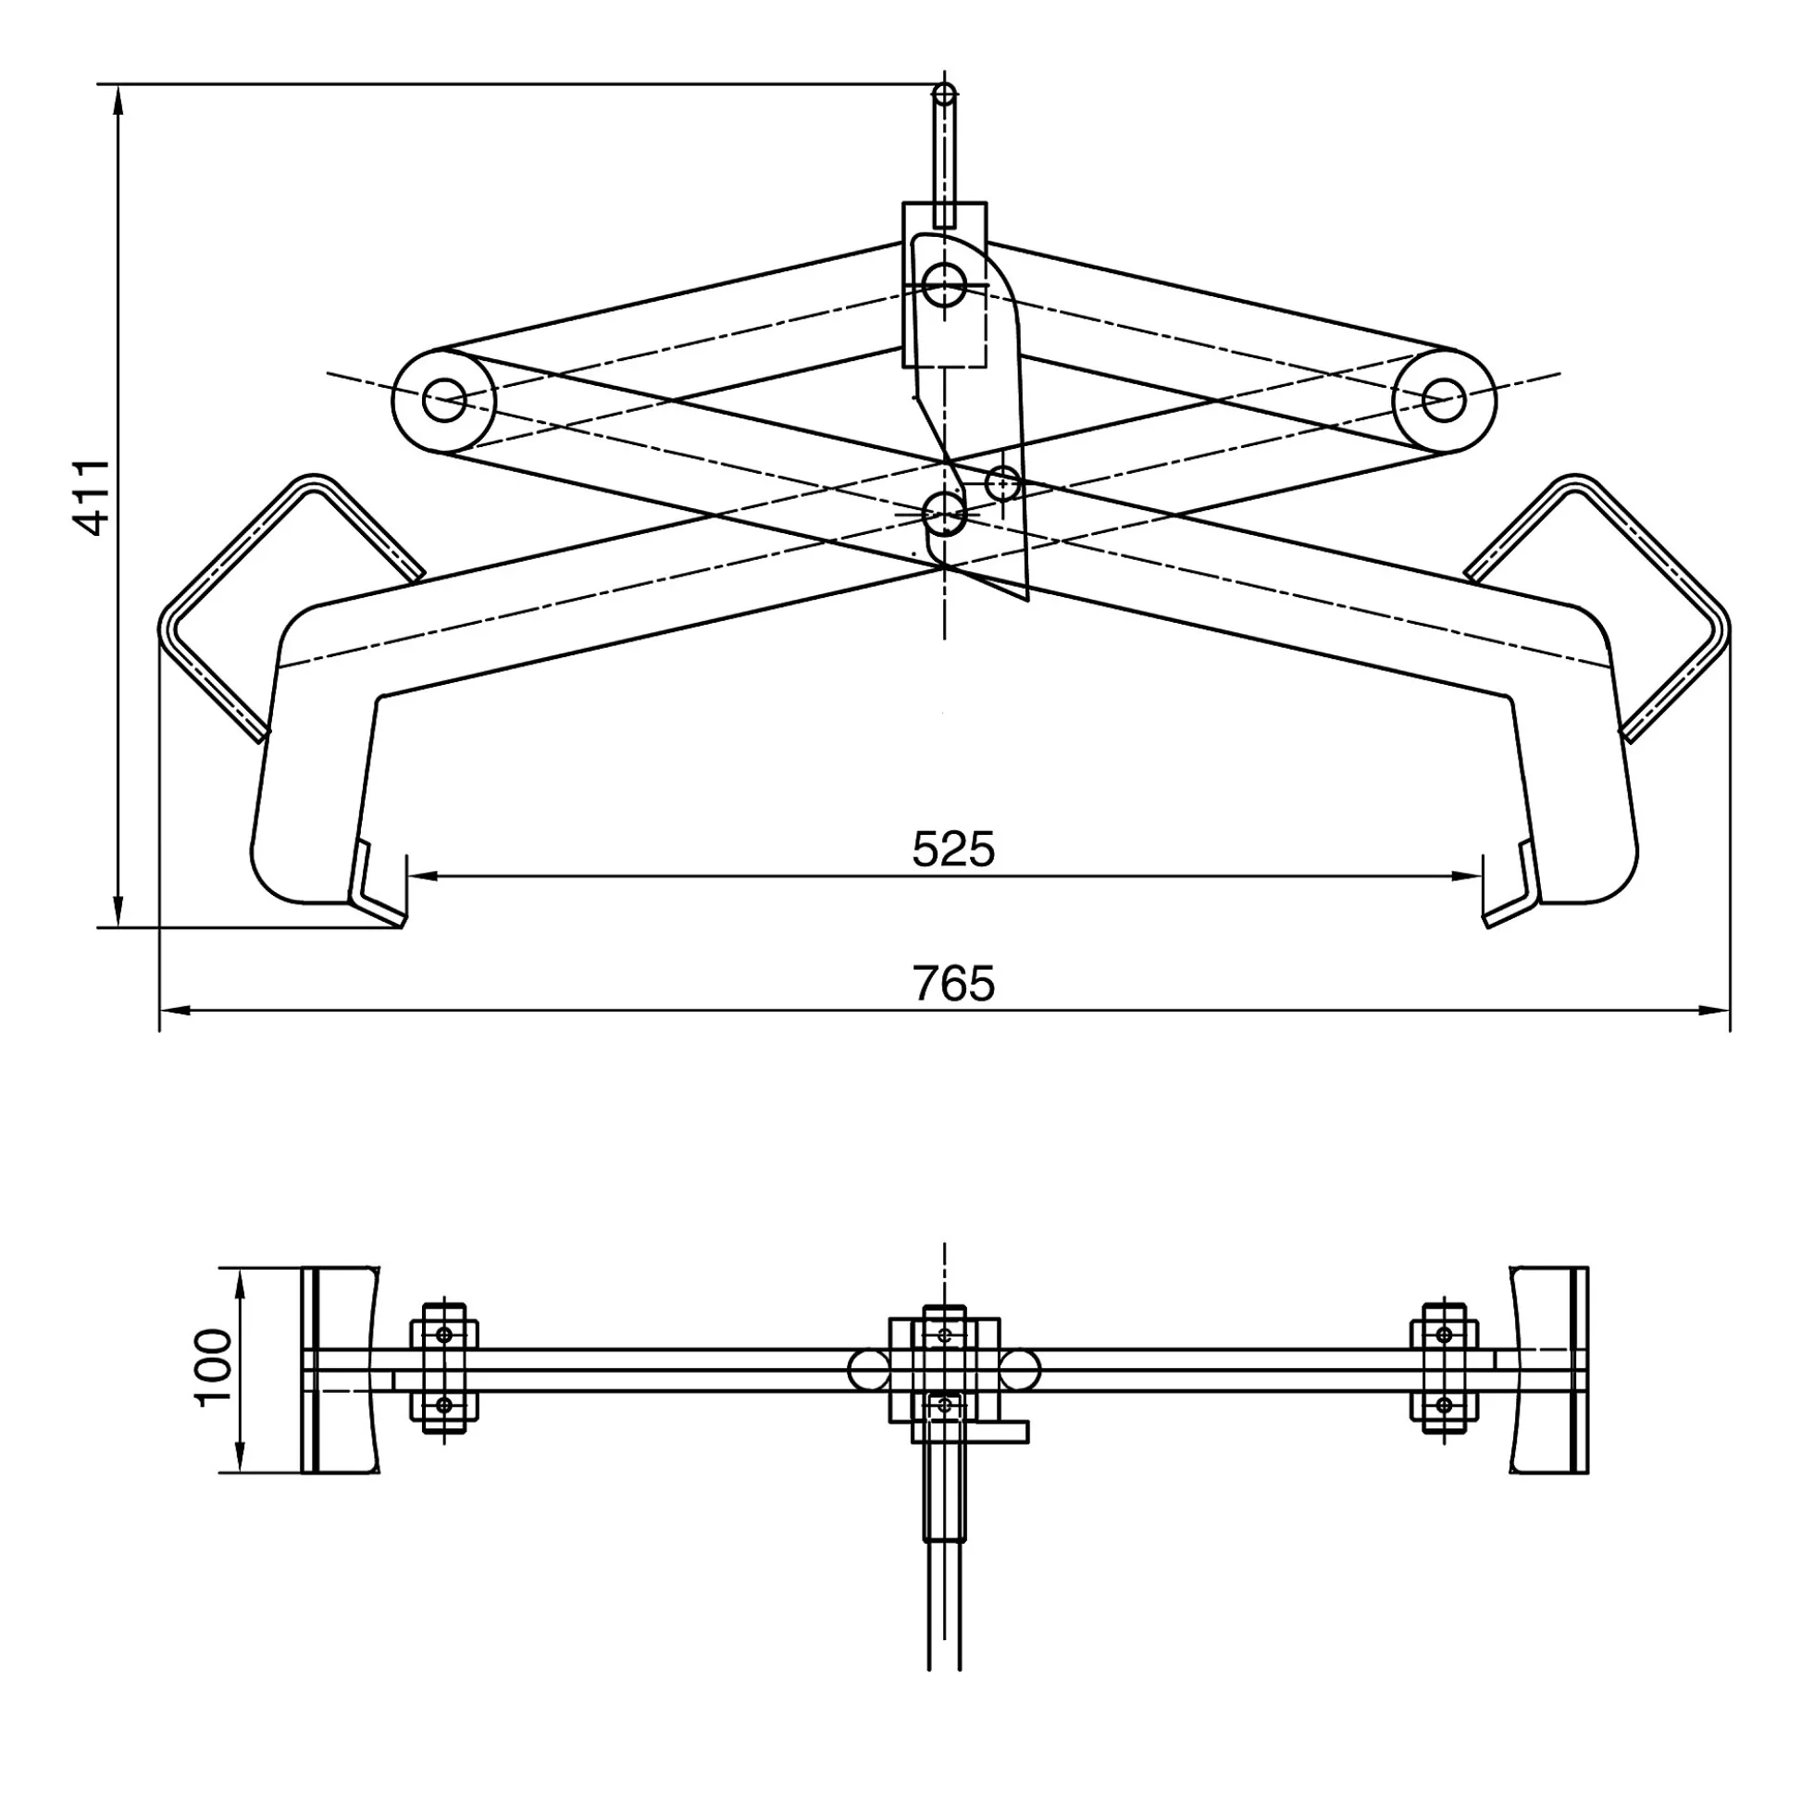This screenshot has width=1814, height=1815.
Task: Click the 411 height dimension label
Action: (x=93, y=497)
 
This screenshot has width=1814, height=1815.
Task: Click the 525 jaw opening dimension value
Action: (x=952, y=850)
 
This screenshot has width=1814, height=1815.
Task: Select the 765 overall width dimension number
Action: (x=952, y=984)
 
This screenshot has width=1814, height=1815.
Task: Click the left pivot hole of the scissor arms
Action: (x=443, y=400)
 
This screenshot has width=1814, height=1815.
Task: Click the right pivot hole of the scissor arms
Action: (x=1444, y=400)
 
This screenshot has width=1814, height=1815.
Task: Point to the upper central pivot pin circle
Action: (x=944, y=284)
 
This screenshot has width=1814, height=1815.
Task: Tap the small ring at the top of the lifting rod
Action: (x=945, y=95)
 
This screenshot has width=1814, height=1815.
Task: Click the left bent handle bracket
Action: (x=282, y=602)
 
